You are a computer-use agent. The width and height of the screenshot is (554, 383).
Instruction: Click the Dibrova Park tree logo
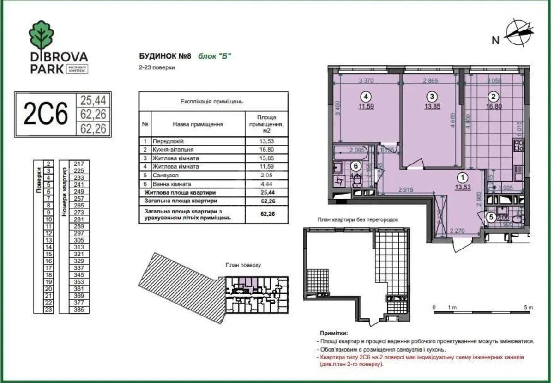42,35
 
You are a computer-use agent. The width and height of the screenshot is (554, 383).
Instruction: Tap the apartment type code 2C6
46,114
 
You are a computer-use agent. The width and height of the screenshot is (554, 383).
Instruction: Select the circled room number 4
366,97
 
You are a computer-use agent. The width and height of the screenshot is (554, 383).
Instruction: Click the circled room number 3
431,97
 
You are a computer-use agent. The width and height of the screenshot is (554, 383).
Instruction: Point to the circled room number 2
493,97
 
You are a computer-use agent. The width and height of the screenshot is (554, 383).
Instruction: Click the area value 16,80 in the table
267,150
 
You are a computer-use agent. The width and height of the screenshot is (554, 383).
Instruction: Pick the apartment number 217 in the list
78,164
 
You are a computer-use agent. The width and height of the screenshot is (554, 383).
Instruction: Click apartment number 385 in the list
78,310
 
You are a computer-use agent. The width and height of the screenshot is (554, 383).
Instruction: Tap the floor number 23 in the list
48,310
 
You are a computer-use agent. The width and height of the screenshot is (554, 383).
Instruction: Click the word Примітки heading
333,333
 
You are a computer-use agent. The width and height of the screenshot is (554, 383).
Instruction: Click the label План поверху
243,265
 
